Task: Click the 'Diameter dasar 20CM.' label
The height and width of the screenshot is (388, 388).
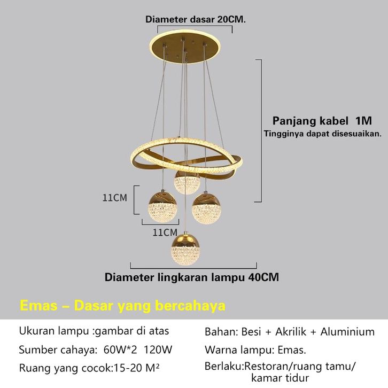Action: click(195, 19)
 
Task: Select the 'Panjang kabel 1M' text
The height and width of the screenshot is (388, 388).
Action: click(322, 120)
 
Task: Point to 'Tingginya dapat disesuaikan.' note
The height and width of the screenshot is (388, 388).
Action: click(322, 133)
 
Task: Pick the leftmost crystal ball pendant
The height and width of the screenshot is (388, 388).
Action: click(161, 208)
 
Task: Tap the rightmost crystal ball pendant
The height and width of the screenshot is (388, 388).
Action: click(206, 208)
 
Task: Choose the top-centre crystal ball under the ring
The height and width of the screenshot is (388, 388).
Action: click(187, 182)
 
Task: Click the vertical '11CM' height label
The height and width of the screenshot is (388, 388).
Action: click(115, 198)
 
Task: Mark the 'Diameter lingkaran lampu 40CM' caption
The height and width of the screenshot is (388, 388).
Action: click(191, 277)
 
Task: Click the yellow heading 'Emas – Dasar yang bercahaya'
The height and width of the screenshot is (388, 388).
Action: click(122, 306)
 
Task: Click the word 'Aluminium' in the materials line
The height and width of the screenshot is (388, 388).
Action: click(347, 332)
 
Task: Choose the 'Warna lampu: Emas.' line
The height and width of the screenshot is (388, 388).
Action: click(255, 351)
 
